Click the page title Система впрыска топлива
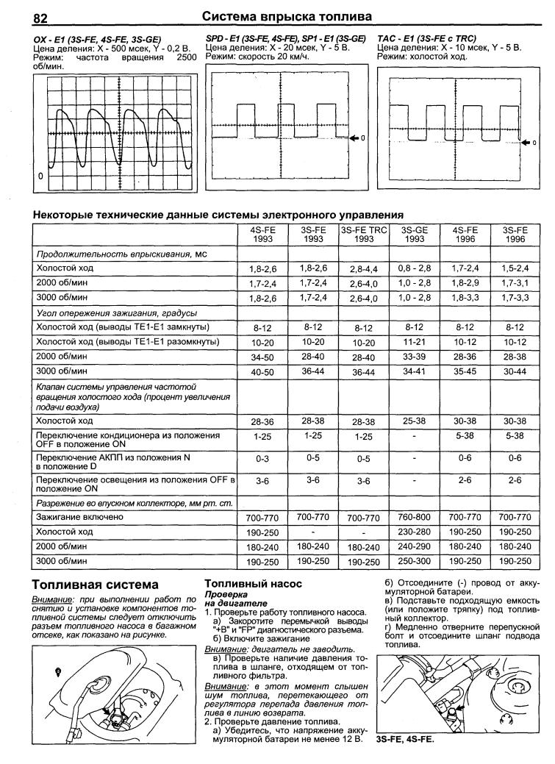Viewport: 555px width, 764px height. coord(286,16)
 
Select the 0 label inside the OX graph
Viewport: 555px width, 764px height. coord(41,177)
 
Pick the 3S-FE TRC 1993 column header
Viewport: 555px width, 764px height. coord(363,235)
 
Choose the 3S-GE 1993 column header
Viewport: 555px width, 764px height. coord(414,235)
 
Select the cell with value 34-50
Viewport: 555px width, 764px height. coord(262,358)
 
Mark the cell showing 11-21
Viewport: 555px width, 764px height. coord(414,342)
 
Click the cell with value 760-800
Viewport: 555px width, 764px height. coord(414,518)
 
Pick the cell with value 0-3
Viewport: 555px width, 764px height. coord(262,460)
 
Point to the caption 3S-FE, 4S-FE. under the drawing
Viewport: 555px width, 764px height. coord(404,740)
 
